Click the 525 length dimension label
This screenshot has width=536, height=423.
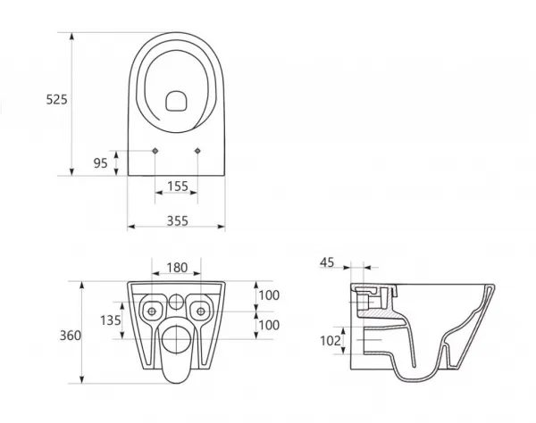tap(57, 99)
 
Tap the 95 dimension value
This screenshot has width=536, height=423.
tap(100, 163)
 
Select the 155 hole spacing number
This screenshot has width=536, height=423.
tap(178, 186)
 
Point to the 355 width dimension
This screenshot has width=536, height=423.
tap(178, 221)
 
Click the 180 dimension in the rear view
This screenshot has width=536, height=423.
tap(177, 268)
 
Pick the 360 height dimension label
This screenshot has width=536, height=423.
tap(71, 336)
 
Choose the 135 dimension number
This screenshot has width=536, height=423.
tap(111, 320)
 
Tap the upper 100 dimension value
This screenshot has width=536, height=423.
tap(269, 295)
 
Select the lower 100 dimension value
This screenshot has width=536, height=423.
tap(269, 325)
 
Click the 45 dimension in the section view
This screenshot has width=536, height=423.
tap(327, 262)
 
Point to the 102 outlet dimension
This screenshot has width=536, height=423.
tap(331, 340)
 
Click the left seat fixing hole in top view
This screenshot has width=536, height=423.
tap(155, 151)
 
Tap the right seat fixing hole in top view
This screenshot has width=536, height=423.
tap(197, 151)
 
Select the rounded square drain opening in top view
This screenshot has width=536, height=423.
tap(176, 101)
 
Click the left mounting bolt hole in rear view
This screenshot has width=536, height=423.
tap(152, 311)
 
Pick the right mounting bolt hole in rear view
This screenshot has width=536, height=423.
tap(201, 311)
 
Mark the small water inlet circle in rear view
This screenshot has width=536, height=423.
tap(176, 302)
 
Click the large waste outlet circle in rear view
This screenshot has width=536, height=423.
tap(176, 339)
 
